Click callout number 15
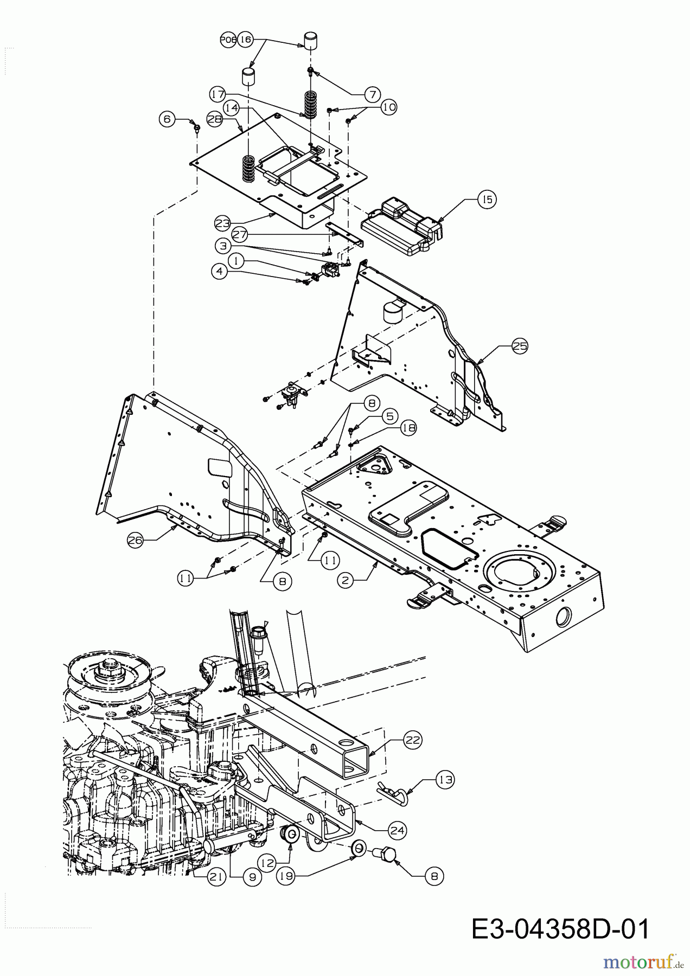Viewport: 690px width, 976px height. coord(487,200)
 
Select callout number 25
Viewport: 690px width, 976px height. coord(520,346)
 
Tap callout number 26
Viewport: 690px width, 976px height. coord(136,540)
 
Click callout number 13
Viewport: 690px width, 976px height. coord(445,780)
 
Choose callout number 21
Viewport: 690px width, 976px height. coord(216,877)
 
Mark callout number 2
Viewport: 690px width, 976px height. coord(346,580)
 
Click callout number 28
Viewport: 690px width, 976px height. coord(215,119)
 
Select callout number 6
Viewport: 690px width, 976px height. coord(168,119)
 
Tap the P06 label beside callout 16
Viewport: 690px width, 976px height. coord(228,40)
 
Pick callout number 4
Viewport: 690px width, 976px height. coord(220,273)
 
